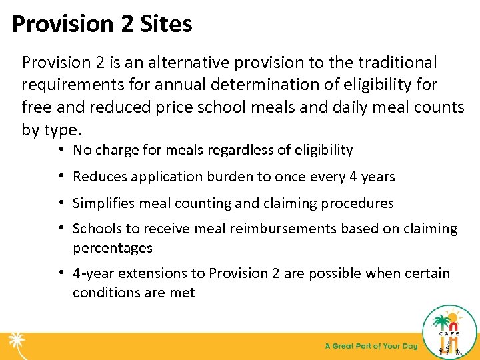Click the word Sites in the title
pyautogui.click(x=166, y=25)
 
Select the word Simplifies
pyautogui.click(x=103, y=203)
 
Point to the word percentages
pyautogui.click(x=112, y=248)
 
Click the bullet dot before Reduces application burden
pyautogui.click(x=61, y=177)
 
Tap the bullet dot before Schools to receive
pyautogui.click(x=61, y=229)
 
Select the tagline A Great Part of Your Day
pyautogui.click(x=371, y=346)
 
